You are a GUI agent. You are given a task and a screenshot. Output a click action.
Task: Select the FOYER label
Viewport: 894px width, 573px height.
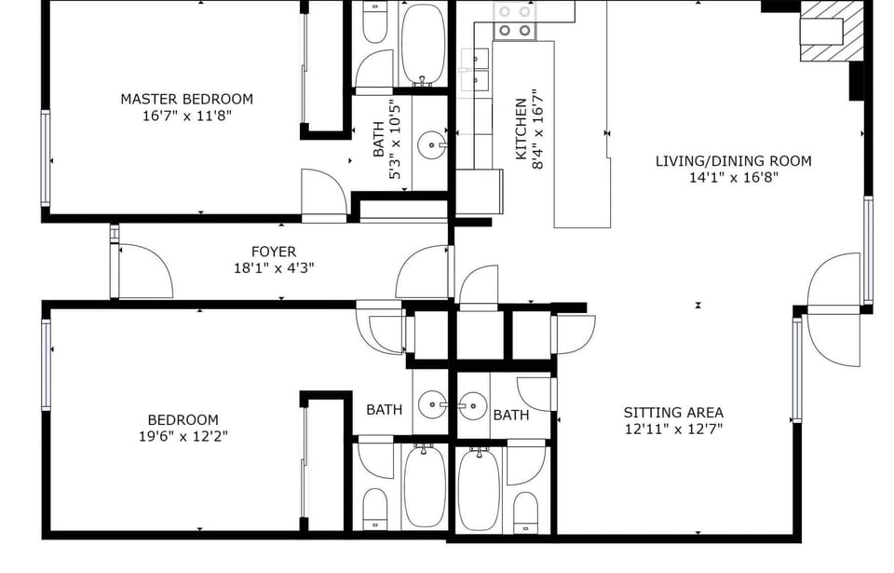(x=274, y=252)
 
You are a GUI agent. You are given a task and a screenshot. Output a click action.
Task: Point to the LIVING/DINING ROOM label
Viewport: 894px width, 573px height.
(x=733, y=161)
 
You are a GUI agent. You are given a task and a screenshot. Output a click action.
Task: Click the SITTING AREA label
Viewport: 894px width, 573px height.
(x=673, y=413)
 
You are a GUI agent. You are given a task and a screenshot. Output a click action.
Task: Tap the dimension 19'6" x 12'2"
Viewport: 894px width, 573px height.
(x=183, y=436)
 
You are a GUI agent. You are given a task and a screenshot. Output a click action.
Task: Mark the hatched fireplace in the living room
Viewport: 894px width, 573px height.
(x=832, y=32)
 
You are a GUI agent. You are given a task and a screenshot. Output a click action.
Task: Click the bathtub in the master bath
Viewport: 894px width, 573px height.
(x=424, y=43)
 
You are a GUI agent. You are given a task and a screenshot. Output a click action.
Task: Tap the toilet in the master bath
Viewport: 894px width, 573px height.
(x=374, y=23)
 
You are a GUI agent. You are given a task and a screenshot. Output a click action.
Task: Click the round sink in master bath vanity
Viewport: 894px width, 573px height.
(x=430, y=144)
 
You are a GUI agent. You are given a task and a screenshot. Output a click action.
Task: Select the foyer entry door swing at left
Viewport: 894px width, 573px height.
(x=143, y=271)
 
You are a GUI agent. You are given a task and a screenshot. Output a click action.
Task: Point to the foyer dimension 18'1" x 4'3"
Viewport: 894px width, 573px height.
(x=274, y=268)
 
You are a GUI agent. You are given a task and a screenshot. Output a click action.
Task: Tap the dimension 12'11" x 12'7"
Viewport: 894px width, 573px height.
(x=673, y=430)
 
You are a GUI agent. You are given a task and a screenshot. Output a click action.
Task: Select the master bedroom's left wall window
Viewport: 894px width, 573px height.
(x=46, y=157)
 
